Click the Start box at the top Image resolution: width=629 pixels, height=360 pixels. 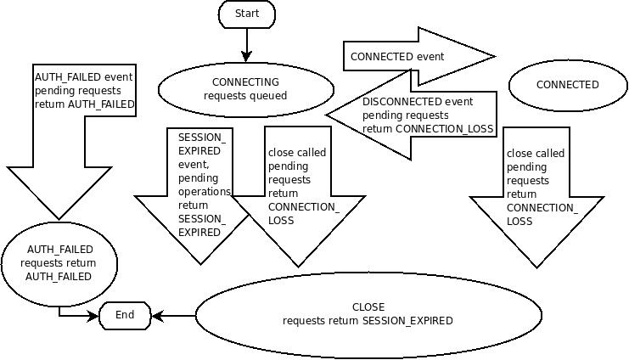246,14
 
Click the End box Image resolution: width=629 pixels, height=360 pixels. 125,316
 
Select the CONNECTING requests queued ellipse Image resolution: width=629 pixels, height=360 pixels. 245,89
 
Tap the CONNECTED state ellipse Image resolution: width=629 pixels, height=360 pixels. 567,85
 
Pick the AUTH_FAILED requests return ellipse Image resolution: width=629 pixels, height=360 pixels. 59,262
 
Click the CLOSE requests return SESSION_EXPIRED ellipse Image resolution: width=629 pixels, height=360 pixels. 368,314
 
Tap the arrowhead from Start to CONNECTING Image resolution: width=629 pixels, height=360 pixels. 246,57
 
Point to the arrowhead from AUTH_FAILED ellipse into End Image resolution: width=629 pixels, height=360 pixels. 94,316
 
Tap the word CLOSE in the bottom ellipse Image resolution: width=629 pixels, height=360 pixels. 368,307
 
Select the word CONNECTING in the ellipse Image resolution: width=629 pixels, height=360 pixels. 245,82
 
